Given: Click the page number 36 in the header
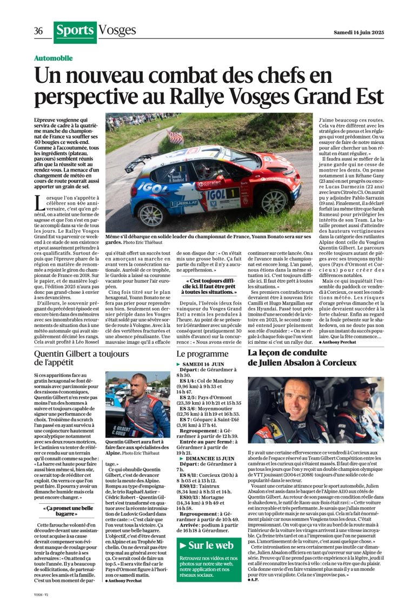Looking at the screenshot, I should pos(38,31).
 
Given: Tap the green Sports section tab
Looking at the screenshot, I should pos(75,31).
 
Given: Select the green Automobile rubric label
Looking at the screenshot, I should pos(53,58).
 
